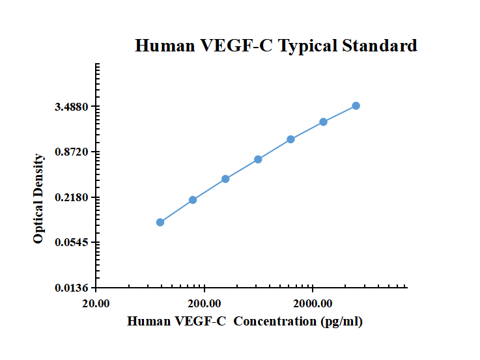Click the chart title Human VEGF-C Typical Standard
point(276,46)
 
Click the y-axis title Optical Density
point(38,199)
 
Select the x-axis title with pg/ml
point(245,321)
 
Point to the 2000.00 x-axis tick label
point(313,303)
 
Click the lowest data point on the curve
point(160,222)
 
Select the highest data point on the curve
point(356,105)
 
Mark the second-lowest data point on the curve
point(193,200)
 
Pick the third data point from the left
point(225,179)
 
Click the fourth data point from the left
point(258,159)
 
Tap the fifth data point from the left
point(290,139)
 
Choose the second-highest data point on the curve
point(323,122)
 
